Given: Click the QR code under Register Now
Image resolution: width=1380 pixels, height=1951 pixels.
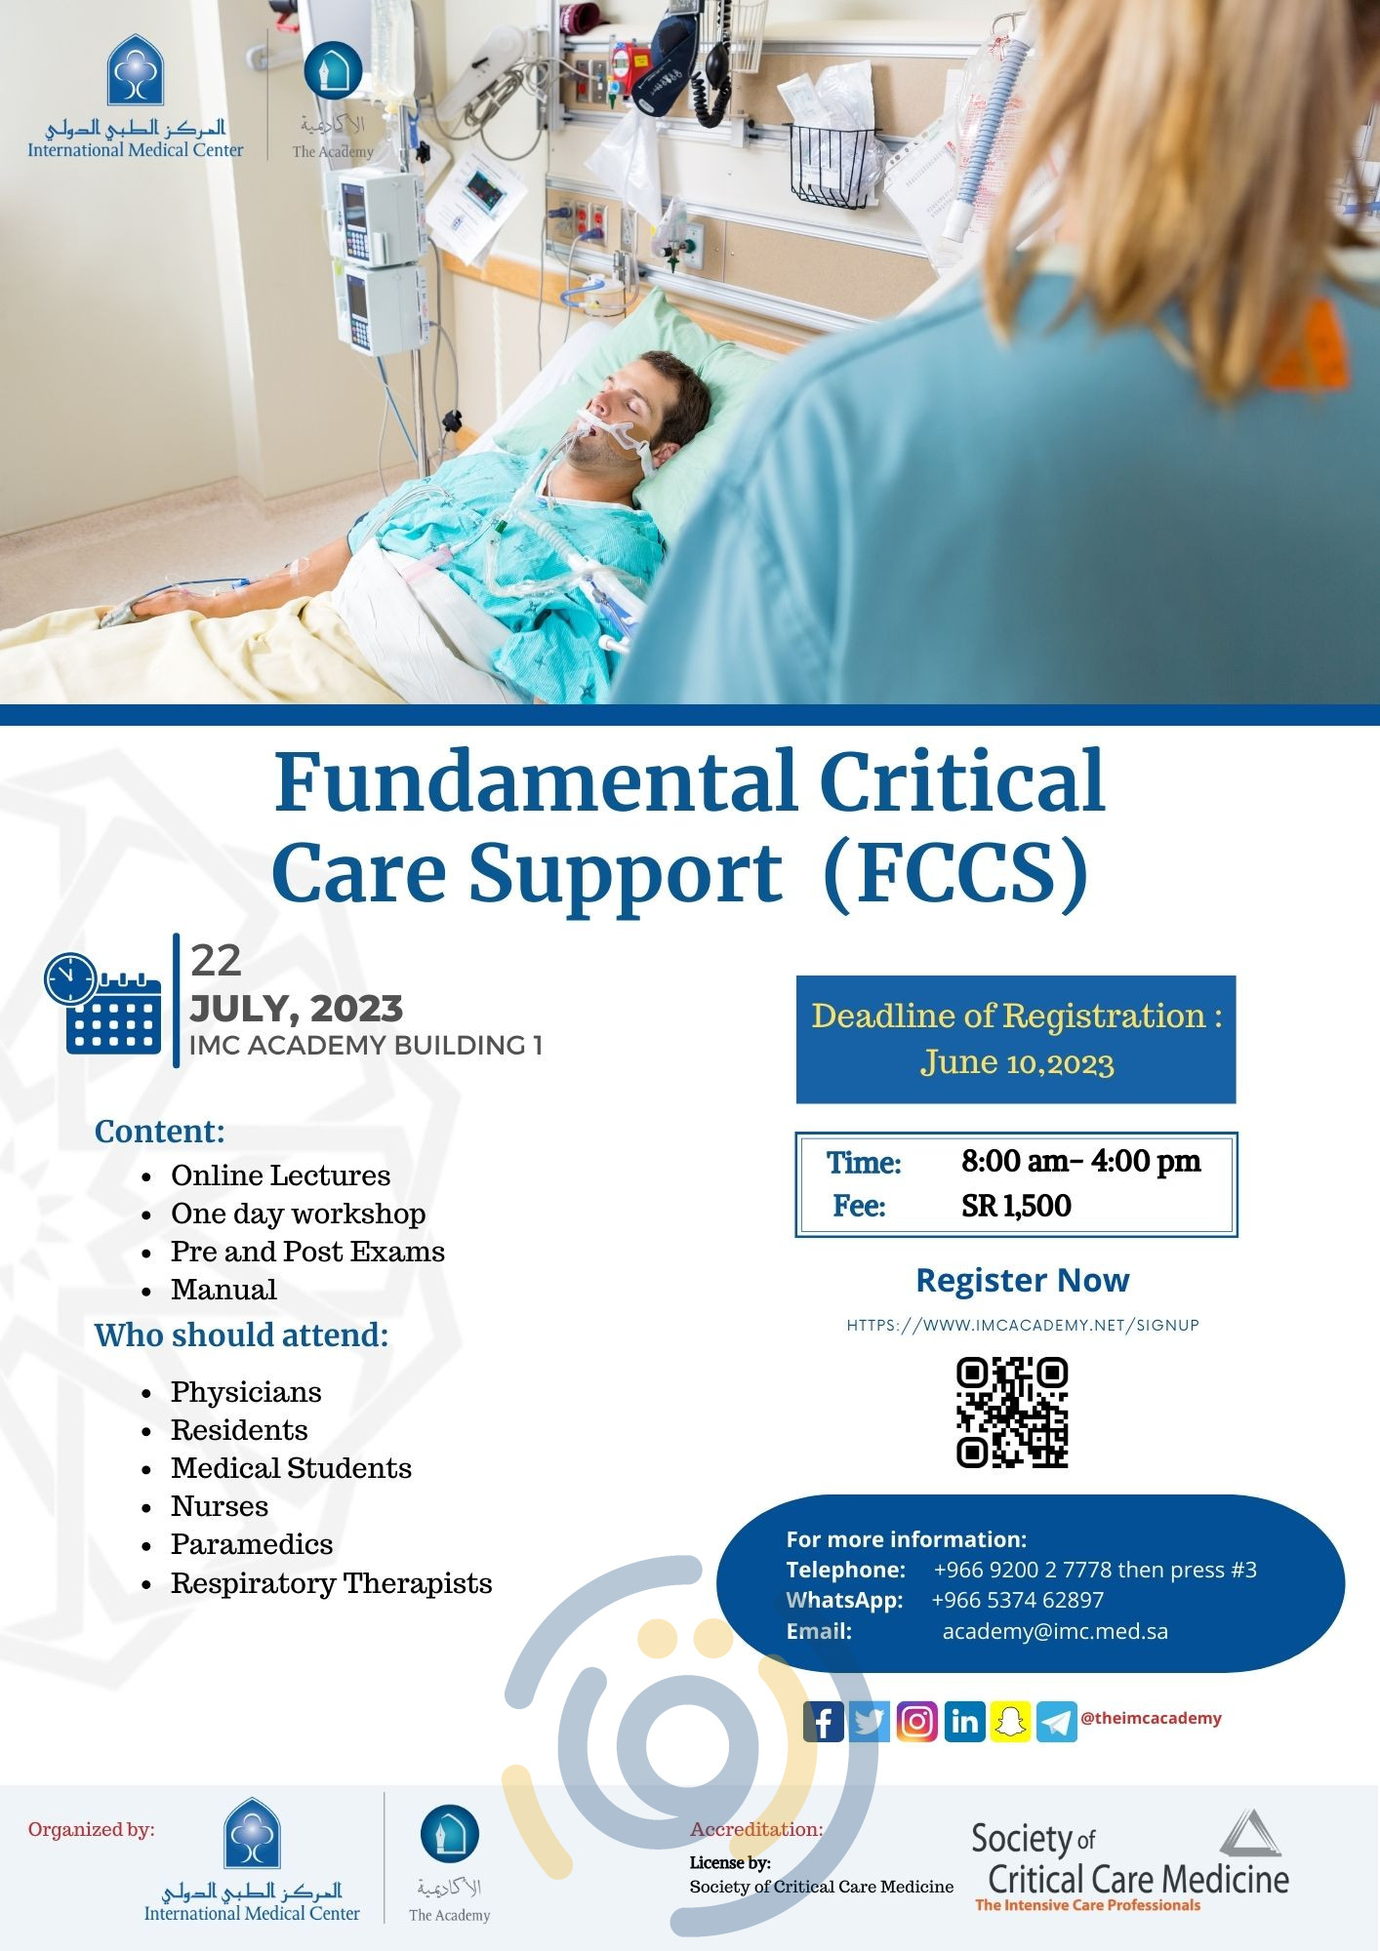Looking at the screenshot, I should (x=1012, y=1412).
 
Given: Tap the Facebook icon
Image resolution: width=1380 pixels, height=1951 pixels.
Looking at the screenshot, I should (x=824, y=1722).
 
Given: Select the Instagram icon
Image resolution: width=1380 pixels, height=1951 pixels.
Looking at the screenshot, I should (x=916, y=1722).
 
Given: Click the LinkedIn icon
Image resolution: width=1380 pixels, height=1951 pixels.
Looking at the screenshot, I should (x=964, y=1722).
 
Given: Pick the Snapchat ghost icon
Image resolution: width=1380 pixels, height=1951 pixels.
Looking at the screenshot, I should (x=1010, y=1722).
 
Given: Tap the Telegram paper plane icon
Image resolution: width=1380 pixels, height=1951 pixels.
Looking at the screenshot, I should (x=1056, y=1722).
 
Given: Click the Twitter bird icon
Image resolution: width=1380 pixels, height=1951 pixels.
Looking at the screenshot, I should (x=870, y=1722).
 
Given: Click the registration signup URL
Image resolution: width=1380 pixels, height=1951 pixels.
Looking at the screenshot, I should (x=1023, y=1325).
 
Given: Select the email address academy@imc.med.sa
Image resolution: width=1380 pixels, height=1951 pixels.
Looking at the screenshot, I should (x=1054, y=1631).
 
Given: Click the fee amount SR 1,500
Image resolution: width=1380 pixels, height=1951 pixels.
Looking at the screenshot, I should (x=1016, y=1206).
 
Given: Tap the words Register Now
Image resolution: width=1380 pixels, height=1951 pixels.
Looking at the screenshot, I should (x=1022, y=1280).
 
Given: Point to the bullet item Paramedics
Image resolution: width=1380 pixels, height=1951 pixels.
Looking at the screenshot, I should (x=252, y=1544).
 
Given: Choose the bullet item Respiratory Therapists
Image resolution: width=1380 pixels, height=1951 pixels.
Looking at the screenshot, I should (x=331, y=1582).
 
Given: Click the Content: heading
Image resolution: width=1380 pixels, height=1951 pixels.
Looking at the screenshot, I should (x=160, y=1132).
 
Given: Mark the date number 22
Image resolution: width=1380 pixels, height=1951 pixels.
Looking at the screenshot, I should (x=216, y=961).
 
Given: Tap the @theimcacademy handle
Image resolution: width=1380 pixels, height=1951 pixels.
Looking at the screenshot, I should (x=1151, y=1718).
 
